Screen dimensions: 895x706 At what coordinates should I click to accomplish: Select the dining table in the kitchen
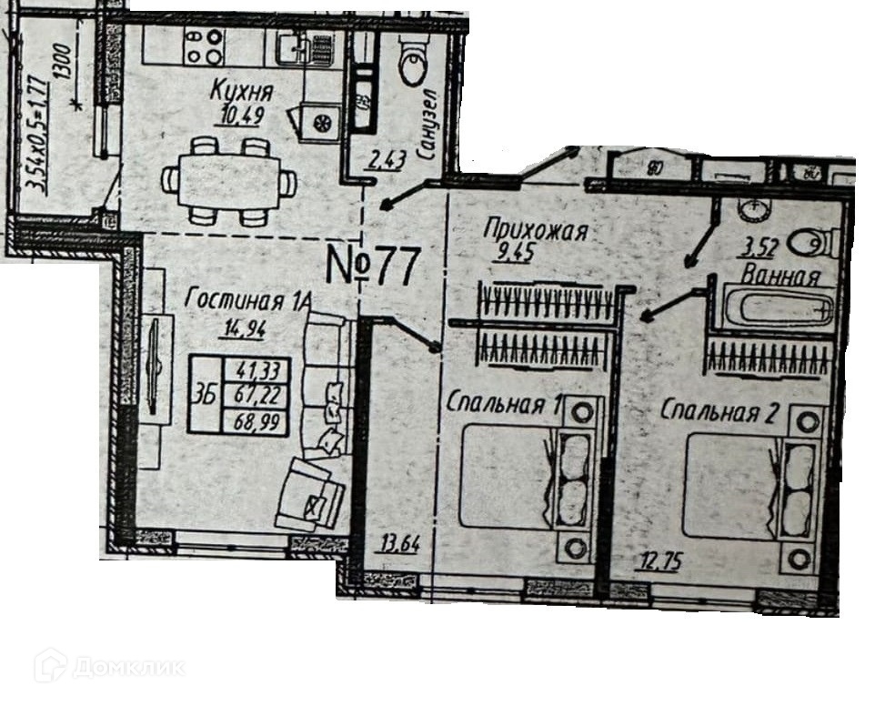[227, 181]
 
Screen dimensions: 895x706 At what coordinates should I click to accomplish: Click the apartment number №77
[373, 266]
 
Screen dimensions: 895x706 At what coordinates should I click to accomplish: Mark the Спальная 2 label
[719, 412]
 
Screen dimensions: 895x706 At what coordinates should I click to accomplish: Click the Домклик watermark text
[127, 668]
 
